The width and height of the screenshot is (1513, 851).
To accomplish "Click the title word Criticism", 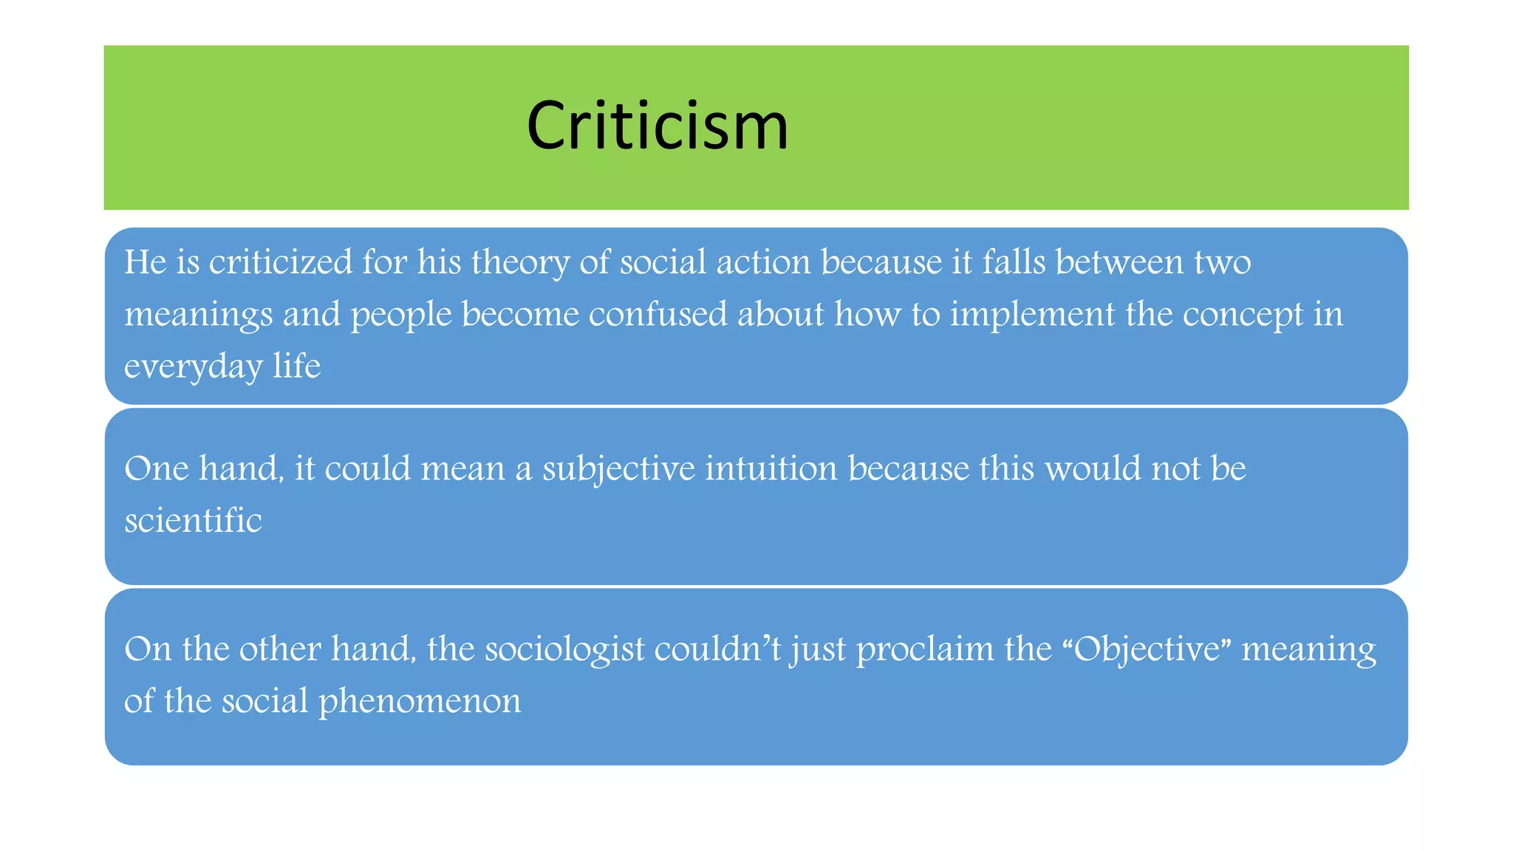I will pyautogui.click(x=658, y=126).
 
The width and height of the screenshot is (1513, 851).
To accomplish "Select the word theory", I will pyautogui.click(x=520, y=262).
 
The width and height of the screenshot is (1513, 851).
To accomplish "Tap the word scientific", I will pyautogui.click(x=193, y=520).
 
